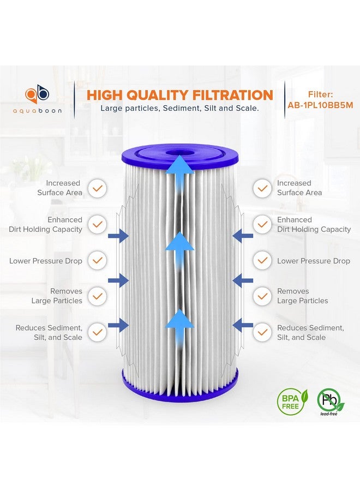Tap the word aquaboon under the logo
coord(38,110)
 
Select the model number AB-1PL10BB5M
coord(320,106)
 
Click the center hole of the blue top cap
coord(179,153)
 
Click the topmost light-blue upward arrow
coord(179,164)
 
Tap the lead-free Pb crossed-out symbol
coord(330,399)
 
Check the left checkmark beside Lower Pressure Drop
coord(97,261)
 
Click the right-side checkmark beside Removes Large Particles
coord(262,296)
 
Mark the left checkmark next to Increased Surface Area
coord(97,188)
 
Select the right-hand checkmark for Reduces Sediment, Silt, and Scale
coord(262,332)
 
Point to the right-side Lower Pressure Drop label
coord(313,261)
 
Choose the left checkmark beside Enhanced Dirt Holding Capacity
coord(97,224)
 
